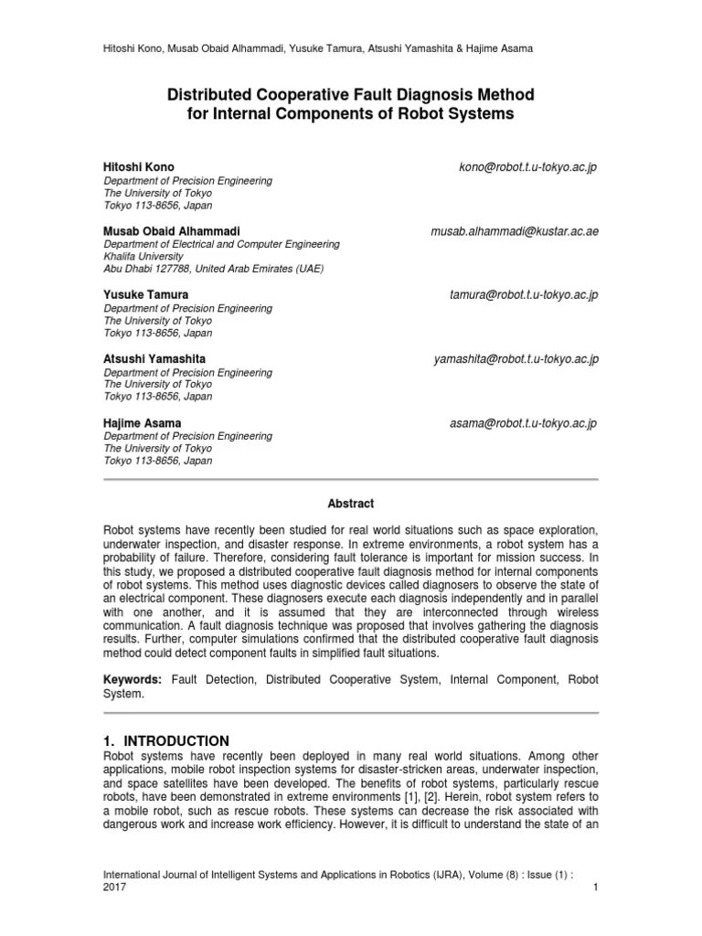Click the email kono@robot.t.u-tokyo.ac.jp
coord(527,168)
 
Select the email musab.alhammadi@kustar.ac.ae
coord(515,232)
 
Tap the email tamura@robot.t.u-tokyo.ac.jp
coord(524,296)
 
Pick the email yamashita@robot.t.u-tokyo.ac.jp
coord(516,360)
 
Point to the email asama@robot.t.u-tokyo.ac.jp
coord(523,424)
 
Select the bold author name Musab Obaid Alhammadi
coord(173,232)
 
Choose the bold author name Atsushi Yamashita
coord(154,360)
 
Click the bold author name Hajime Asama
coord(143,424)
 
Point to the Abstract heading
coord(351,504)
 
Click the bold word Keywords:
coord(133,680)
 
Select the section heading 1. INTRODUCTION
coord(166,740)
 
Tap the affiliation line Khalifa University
coord(144,257)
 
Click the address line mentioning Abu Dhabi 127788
coord(213,269)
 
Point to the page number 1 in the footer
coord(595,887)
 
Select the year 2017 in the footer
coord(114,887)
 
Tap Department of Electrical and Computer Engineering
coord(222,245)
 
